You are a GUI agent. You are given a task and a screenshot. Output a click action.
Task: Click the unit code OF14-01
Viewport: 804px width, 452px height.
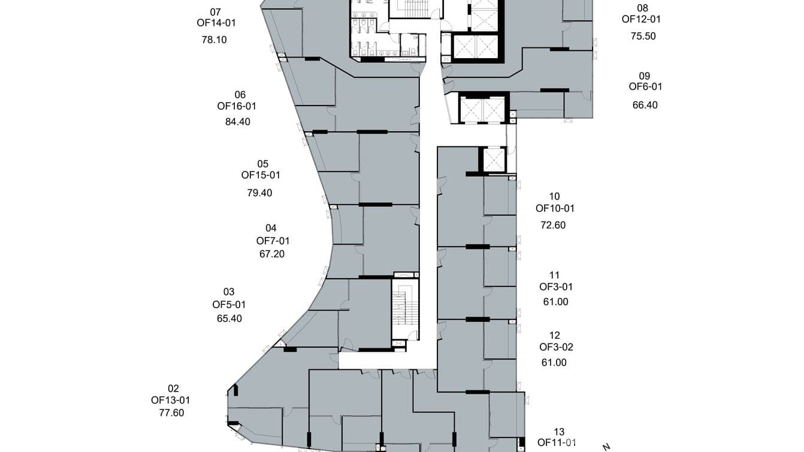[216, 23]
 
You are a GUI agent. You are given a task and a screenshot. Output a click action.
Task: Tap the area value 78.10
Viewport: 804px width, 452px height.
[214, 40]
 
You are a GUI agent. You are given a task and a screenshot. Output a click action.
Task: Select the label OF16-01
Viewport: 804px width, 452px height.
[237, 106]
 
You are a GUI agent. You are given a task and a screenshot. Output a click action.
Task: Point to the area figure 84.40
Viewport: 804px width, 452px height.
[238, 122]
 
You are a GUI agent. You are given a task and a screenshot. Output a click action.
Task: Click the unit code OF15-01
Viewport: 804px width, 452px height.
[261, 175]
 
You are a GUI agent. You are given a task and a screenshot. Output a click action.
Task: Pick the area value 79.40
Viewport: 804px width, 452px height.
[259, 193]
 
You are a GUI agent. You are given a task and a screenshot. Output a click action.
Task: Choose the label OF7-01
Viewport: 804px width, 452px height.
[273, 241]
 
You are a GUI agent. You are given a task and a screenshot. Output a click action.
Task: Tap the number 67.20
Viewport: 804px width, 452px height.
[272, 254]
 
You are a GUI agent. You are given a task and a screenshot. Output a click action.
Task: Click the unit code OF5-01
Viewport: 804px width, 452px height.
[229, 305]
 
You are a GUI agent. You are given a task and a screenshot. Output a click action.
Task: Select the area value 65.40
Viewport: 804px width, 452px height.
[229, 319]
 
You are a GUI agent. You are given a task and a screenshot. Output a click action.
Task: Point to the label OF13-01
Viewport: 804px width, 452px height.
[171, 400]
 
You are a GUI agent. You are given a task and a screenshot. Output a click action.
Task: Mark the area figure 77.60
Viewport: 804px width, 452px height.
[171, 413]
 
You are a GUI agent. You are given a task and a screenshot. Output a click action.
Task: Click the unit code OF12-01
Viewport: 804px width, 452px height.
[641, 19]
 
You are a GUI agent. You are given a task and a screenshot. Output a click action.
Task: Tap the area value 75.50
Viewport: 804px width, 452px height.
[643, 36]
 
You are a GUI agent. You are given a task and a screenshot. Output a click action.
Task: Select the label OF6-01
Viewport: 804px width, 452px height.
[645, 87]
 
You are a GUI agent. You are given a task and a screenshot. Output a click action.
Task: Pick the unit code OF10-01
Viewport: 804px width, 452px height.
[555, 209]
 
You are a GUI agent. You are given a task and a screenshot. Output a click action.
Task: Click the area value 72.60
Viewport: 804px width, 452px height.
[553, 225]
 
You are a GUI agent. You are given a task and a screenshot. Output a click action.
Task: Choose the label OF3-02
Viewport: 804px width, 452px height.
[556, 347]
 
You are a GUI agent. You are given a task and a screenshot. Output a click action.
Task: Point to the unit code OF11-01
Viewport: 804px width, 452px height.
[557, 443]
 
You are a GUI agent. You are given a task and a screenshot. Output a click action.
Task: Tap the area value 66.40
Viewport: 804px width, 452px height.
[645, 105]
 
